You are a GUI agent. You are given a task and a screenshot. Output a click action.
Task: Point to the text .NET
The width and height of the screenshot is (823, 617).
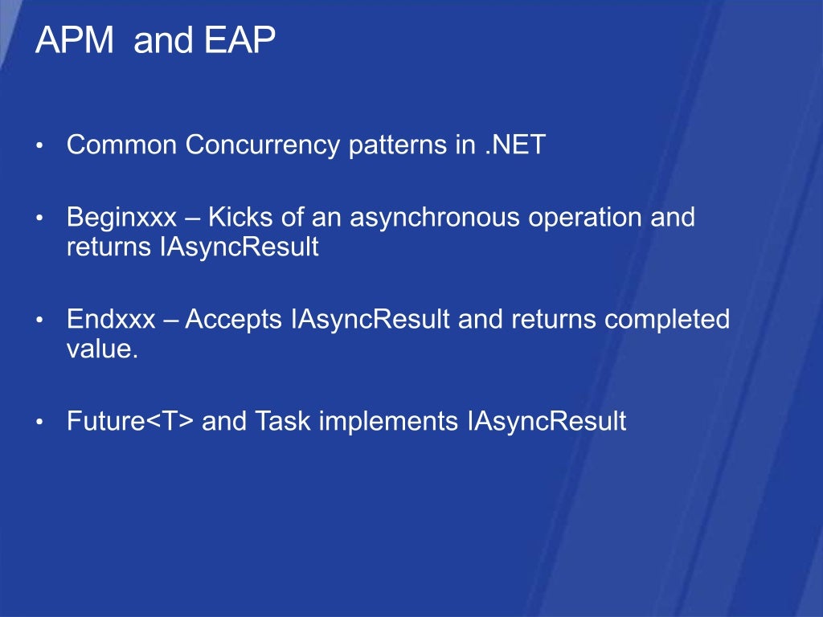pyautogui.click(x=515, y=145)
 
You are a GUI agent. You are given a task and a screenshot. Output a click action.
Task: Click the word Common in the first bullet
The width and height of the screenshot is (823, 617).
pyautogui.click(x=122, y=145)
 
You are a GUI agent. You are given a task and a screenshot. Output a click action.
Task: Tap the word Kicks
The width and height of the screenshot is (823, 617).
pyautogui.click(x=240, y=218)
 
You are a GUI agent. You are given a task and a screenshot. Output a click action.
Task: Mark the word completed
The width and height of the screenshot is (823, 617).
pyautogui.click(x=666, y=321)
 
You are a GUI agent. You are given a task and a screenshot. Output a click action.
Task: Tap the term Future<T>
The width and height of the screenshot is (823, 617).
pyautogui.click(x=130, y=421)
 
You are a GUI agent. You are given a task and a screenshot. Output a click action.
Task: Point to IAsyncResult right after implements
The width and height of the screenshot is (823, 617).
pyautogui.click(x=546, y=422)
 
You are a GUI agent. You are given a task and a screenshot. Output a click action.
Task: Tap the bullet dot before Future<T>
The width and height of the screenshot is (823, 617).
pyautogui.click(x=39, y=423)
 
